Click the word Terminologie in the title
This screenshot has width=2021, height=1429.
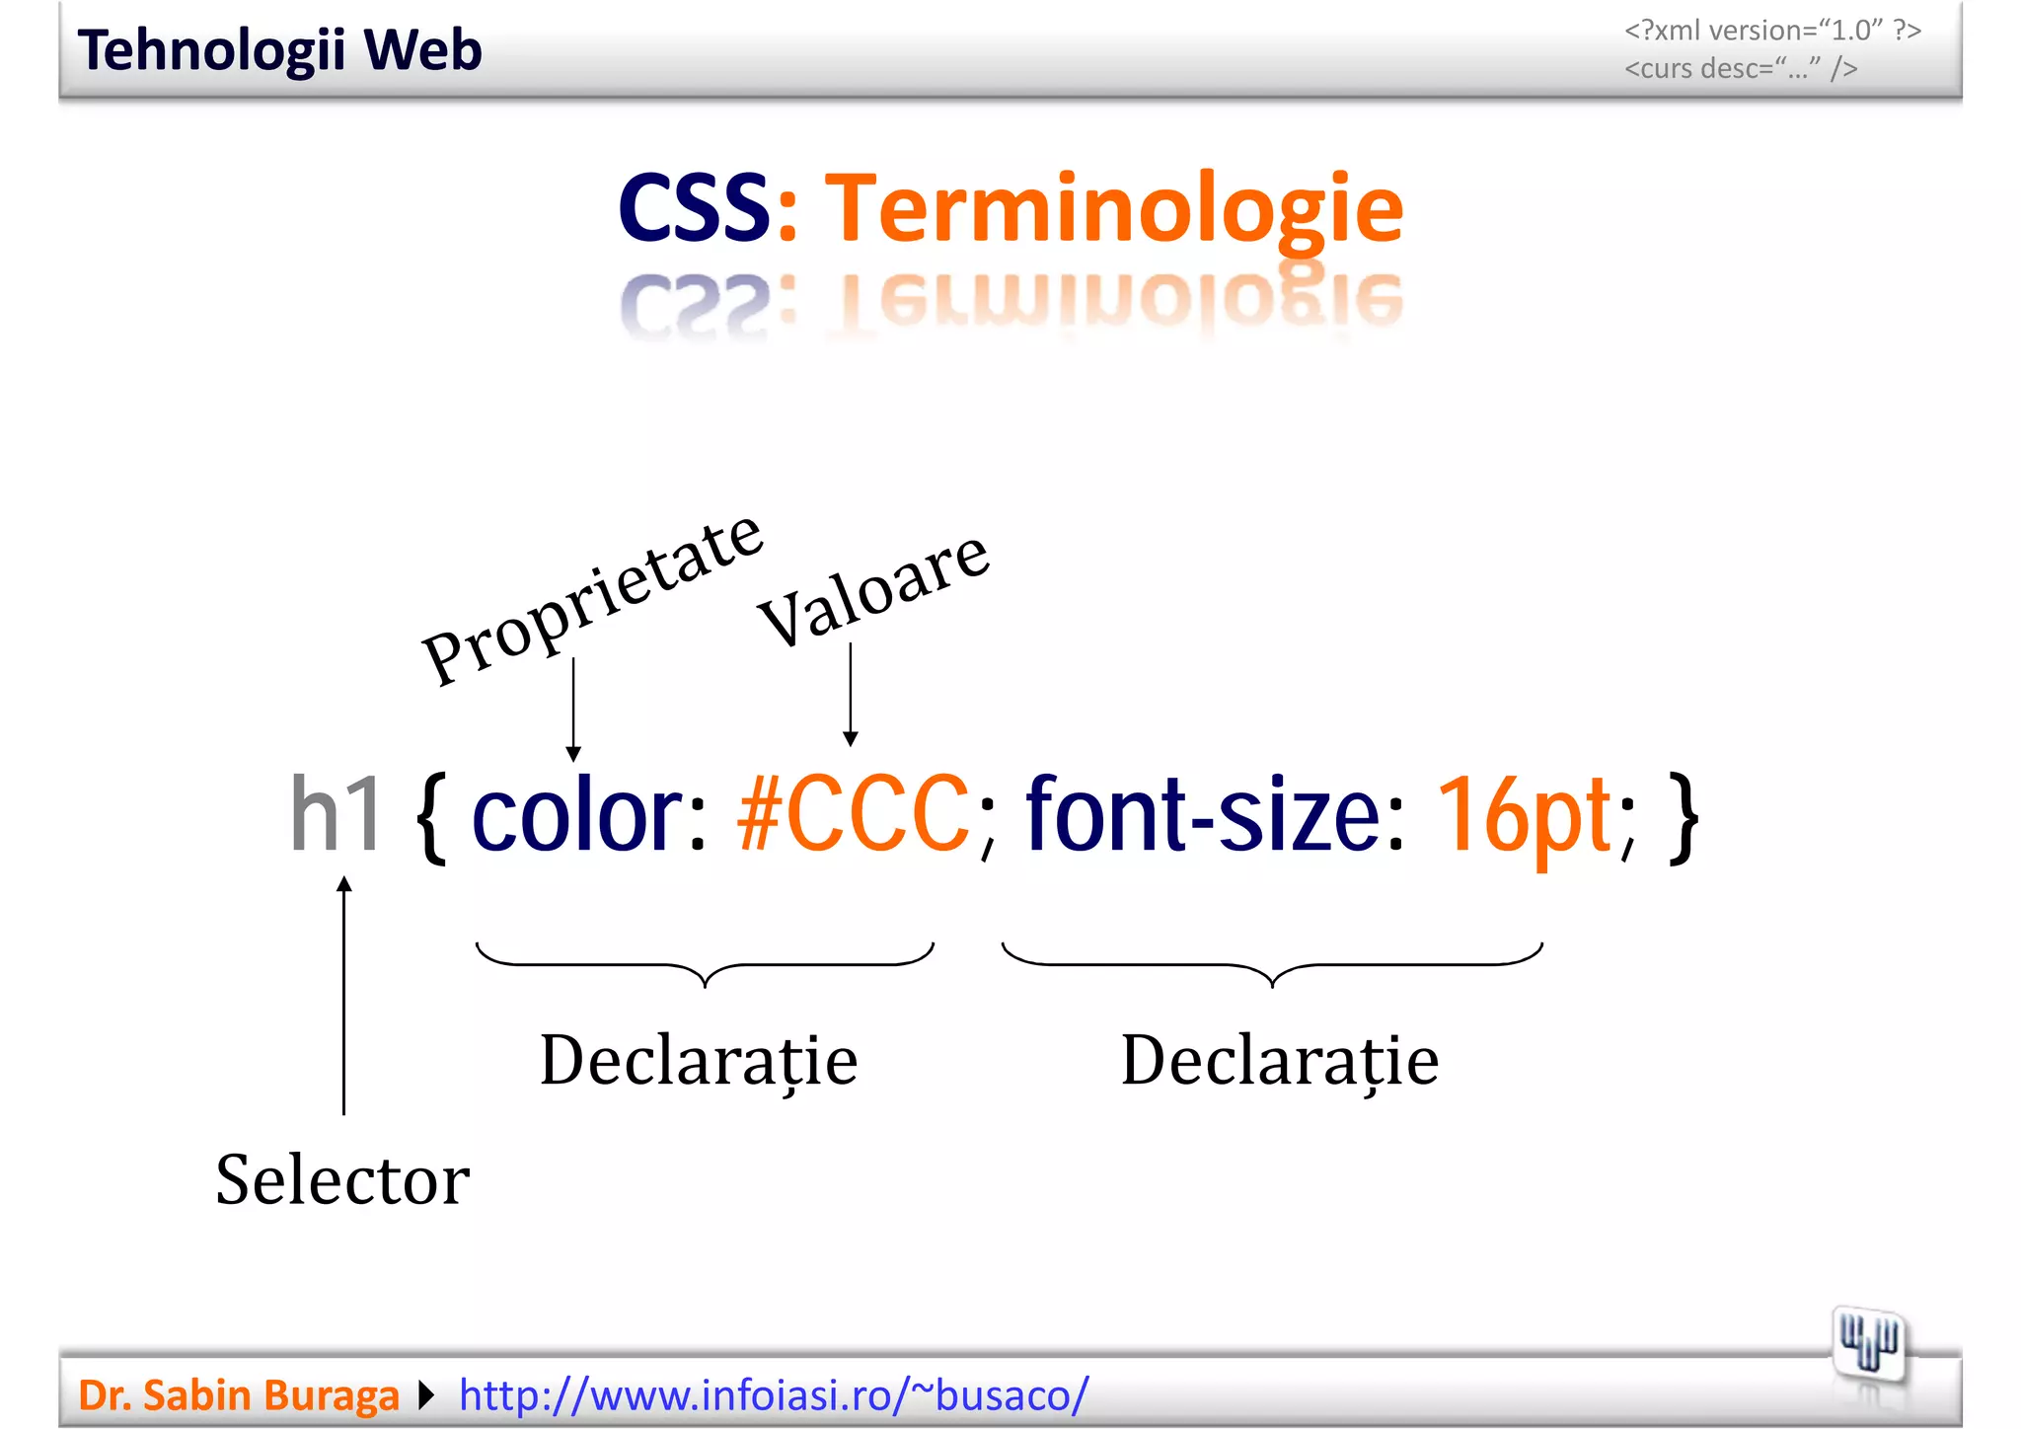tap(1113, 208)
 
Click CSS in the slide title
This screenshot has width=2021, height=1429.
tap(693, 208)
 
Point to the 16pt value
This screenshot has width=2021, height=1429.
tap(1525, 815)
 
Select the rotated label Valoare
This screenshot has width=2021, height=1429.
tap(873, 588)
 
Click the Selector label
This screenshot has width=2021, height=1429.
tap(342, 1179)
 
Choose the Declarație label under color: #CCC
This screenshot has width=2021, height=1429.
tap(699, 1061)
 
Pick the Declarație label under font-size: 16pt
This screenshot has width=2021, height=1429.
tap(1280, 1061)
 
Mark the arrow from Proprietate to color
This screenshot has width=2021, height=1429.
tap(573, 710)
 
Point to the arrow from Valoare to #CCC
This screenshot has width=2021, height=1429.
tap(851, 695)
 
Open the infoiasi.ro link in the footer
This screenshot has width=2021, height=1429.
tap(774, 1394)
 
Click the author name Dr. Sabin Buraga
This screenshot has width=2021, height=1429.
tap(238, 1395)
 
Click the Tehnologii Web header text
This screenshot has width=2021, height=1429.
tap(279, 50)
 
